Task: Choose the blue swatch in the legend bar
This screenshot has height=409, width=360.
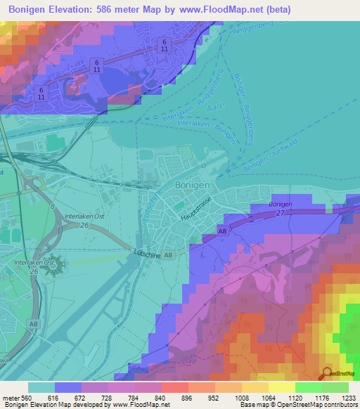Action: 68,387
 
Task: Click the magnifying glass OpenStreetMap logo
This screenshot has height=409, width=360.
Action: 326,373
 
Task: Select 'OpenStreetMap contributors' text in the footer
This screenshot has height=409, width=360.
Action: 316,404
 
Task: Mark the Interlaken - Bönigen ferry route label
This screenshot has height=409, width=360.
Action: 205,127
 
